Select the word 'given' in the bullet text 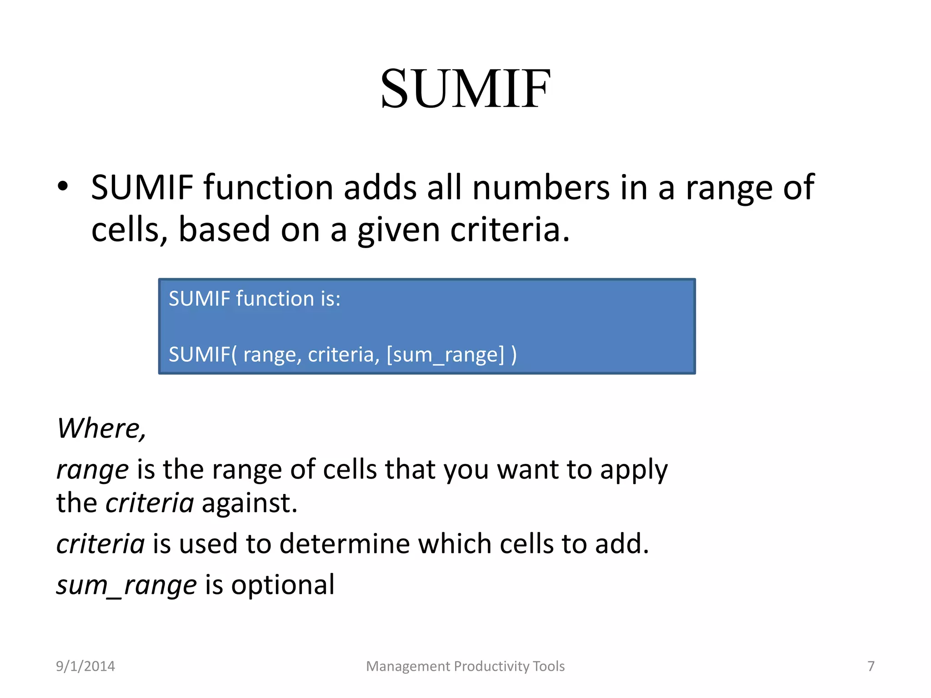pyautogui.click(x=398, y=229)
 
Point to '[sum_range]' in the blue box pyautogui.click(x=445, y=354)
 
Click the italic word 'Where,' pyautogui.click(x=101, y=429)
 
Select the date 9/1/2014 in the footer pyautogui.click(x=85, y=666)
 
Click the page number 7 pyautogui.click(x=871, y=666)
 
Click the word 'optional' pyautogui.click(x=283, y=585)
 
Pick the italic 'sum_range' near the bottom pyautogui.click(x=126, y=585)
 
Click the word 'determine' pyautogui.click(x=344, y=544)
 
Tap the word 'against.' pyautogui.click(x=249, y=504)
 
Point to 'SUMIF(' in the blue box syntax pyautogui.click(x=202, y=354)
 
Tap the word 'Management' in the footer pyautogui.click(x=408, y=666)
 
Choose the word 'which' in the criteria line pyautogui.click(x=454, y=544)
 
